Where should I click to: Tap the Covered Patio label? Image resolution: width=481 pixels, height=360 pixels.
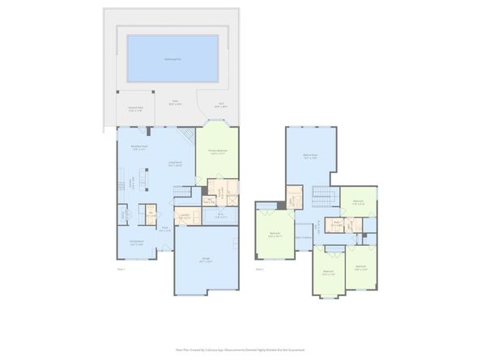[135, 108]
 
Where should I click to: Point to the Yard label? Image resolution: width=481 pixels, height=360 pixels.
[220, 104]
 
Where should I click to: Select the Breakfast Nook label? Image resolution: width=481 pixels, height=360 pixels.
[138, 148]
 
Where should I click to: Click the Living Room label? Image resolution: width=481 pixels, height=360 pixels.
[174, 164]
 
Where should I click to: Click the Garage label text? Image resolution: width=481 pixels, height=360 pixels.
[206, 261]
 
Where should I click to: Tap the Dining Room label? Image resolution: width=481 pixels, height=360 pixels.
[137, 242]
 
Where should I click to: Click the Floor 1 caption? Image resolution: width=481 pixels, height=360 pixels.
[122, 269]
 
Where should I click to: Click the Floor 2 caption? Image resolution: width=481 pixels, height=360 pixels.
[259, 269]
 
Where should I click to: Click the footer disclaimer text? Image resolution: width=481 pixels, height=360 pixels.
[240, 349]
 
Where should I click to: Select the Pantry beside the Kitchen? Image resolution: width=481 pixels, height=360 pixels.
[150, 214]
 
